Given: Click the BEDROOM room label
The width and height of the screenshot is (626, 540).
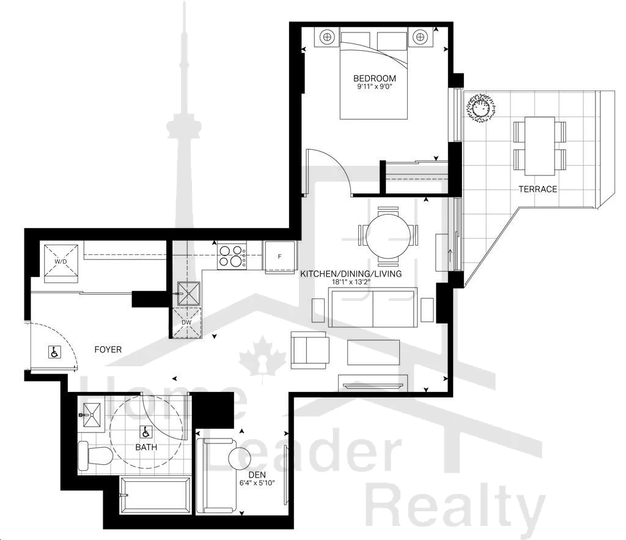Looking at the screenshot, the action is coord(375,78).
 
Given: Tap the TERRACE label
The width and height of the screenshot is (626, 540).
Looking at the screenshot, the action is coord(537,189).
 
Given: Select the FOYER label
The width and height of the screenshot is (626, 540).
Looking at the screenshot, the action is coord(108,349).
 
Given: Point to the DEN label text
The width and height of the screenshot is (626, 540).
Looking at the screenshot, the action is coord(257,475).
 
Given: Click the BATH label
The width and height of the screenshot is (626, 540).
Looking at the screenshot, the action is coord(146,447).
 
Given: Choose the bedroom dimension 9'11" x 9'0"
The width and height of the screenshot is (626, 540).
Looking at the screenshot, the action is coord(375,86).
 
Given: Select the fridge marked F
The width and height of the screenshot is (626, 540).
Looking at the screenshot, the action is coord(279,256).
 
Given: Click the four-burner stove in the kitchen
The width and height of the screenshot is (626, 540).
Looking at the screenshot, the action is coord(232,256).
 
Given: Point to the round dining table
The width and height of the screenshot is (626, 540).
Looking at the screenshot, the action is coord(388,236).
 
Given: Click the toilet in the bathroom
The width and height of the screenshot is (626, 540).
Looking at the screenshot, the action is coord(94,456).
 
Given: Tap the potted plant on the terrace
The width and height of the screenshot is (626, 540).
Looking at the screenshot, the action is coord(481,108).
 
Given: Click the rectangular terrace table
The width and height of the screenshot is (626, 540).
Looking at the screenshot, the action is coord(540,146).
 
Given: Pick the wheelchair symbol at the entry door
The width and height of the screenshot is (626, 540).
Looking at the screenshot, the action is coord(54,352).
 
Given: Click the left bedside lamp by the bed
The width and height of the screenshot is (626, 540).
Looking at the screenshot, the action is coord(327,37).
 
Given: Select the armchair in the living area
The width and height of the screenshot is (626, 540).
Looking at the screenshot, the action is coord(310,350).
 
